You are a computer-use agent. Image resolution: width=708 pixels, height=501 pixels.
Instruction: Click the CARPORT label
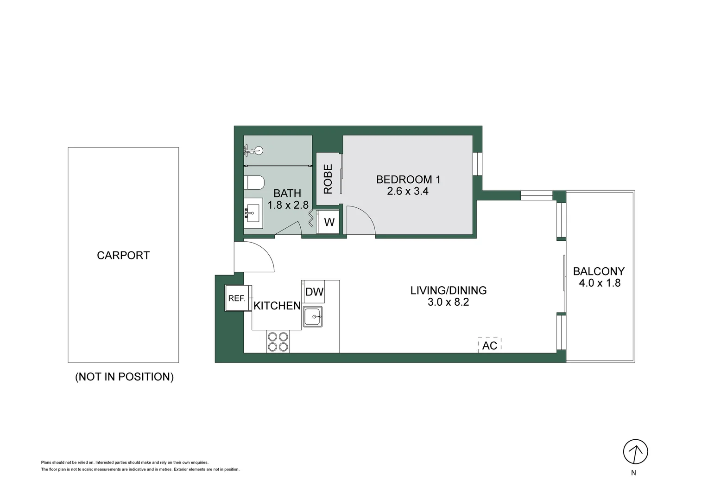click(x=123, y=256)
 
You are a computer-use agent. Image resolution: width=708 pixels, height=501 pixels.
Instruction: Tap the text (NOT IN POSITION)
click(x=124, y=377)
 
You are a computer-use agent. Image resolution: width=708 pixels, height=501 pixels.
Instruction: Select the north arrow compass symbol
click(x=635, y=451)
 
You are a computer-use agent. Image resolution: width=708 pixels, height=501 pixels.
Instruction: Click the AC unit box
click(x=490, y=346)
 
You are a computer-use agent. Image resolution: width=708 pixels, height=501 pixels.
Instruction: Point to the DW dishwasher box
click(x=314, y=292)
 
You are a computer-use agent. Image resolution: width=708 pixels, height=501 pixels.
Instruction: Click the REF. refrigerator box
click(x=237, y=298)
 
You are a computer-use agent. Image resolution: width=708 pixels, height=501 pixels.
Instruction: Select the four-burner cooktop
click(x=278, y=342)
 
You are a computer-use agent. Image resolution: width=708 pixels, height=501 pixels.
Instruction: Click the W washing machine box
click(x=329, y=222)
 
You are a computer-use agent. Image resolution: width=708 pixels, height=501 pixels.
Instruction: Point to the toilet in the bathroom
click(x=254, y=183)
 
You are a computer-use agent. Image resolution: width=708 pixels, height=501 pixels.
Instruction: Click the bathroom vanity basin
click(x=253, y=213)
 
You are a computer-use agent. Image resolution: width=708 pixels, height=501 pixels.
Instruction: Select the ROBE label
click(x=328, y=179)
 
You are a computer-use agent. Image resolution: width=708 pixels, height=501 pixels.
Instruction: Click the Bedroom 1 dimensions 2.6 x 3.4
click(x=408, y=191)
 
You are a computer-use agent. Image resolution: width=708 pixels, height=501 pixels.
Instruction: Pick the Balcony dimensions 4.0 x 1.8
click(x=600, y=283)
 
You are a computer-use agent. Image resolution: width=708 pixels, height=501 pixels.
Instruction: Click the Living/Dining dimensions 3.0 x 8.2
click(x=448, y=302)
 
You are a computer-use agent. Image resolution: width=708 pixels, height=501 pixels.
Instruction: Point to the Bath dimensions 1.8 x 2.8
click(x=288, y=205)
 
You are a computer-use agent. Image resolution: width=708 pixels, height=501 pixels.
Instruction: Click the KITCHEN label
click(x=277, y=306)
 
